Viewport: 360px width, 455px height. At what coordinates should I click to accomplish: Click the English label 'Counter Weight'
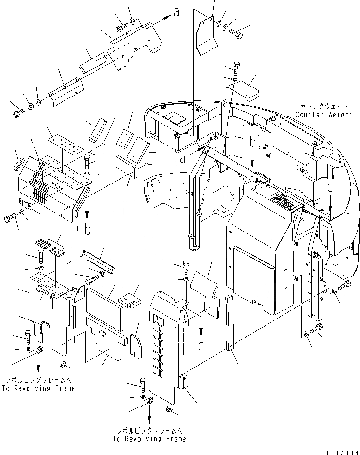[323, 115]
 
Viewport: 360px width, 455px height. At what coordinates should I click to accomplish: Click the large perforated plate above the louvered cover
[61, 144]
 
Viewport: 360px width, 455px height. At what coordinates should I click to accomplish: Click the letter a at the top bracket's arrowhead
[176, 13]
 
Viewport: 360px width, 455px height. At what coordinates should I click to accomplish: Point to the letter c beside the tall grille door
[201, 345]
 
